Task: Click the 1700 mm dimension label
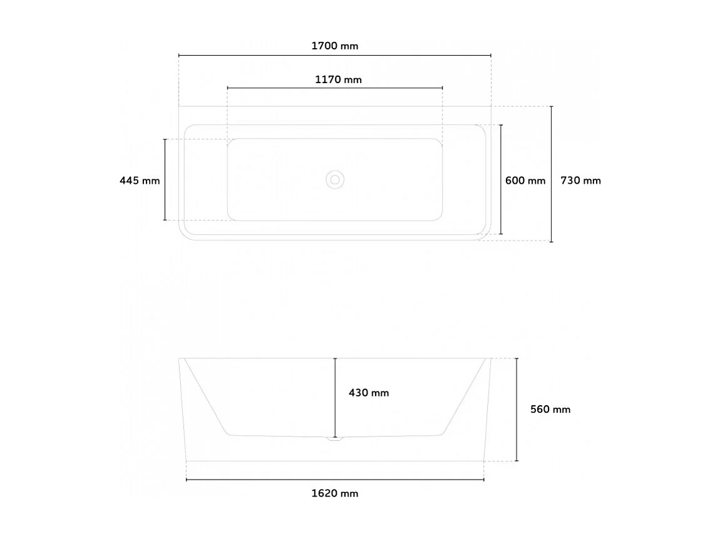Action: point(334,46)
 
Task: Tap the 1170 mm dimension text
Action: point(338,79)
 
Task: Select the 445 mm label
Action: point(140,181)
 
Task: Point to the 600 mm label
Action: point(525,181)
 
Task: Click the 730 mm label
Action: point(580,181)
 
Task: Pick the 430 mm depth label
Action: point(369,393)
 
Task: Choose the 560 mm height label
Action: point(550,410)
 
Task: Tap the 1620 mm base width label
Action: point(335,493)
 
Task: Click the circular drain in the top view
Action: point(335,180)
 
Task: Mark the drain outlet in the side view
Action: point(335,440)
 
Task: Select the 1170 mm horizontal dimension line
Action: point(282,88)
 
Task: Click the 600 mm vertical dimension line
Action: point(501,206)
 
